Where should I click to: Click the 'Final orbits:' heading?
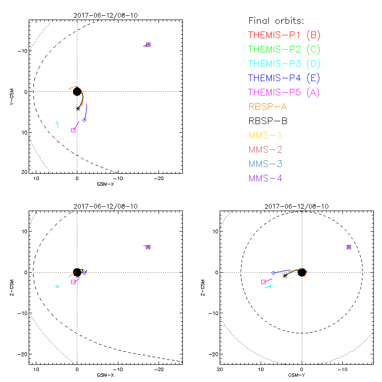pyautogui.click(x=276, y=21)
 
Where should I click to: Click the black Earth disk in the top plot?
pyautogui.click(x=77, y=91)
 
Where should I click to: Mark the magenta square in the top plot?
pyautogui.click(x=73, y=130)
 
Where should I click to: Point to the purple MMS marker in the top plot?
pyautogui.click(x=148, y=44)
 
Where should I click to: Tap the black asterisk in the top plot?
pyautogui.click(x=78, y=108)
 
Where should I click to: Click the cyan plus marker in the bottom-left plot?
pyautogui.click(x=57, y=286)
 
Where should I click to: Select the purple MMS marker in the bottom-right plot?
pyautogui.click(x=349, y=247)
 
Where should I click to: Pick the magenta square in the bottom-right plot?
pyautogui.click(x=263, y=282)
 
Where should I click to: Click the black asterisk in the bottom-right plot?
pyautogui.click(x=285, y=276)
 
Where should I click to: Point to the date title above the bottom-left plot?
pyautogui.click(x=106, y=206)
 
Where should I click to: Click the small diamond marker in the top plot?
pyautogui.click(x=85, y=120)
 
